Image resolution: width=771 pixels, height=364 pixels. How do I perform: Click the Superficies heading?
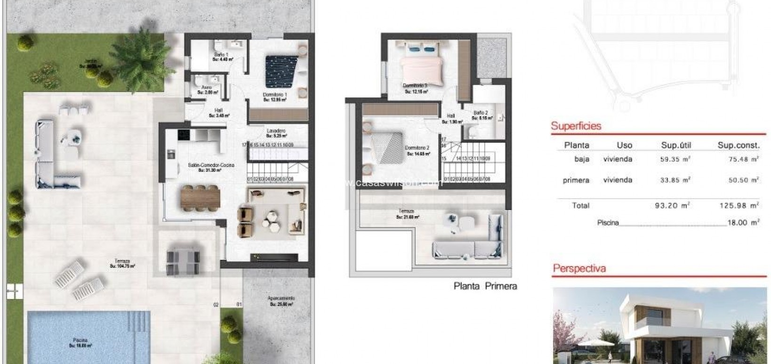point(576,126)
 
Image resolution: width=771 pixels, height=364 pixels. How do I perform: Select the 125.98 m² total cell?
point(743,205)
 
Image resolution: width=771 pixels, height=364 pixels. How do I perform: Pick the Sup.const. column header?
point(738,145)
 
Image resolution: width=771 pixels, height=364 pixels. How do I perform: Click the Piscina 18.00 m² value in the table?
point(743,223)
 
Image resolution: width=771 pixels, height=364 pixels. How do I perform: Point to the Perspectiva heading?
point(579,269)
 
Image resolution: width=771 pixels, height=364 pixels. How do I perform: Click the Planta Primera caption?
point(485,286)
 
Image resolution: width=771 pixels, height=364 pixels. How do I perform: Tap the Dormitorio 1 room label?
point(275,95)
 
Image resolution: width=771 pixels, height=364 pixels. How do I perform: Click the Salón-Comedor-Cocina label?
point(211,165)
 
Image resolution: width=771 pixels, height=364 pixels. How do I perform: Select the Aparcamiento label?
point(281,299)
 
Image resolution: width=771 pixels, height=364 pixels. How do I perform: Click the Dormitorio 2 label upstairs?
point(417,148)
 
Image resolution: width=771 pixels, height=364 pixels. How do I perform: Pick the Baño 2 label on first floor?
point(481,113)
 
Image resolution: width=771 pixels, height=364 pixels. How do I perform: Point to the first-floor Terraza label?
point(406,211)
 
